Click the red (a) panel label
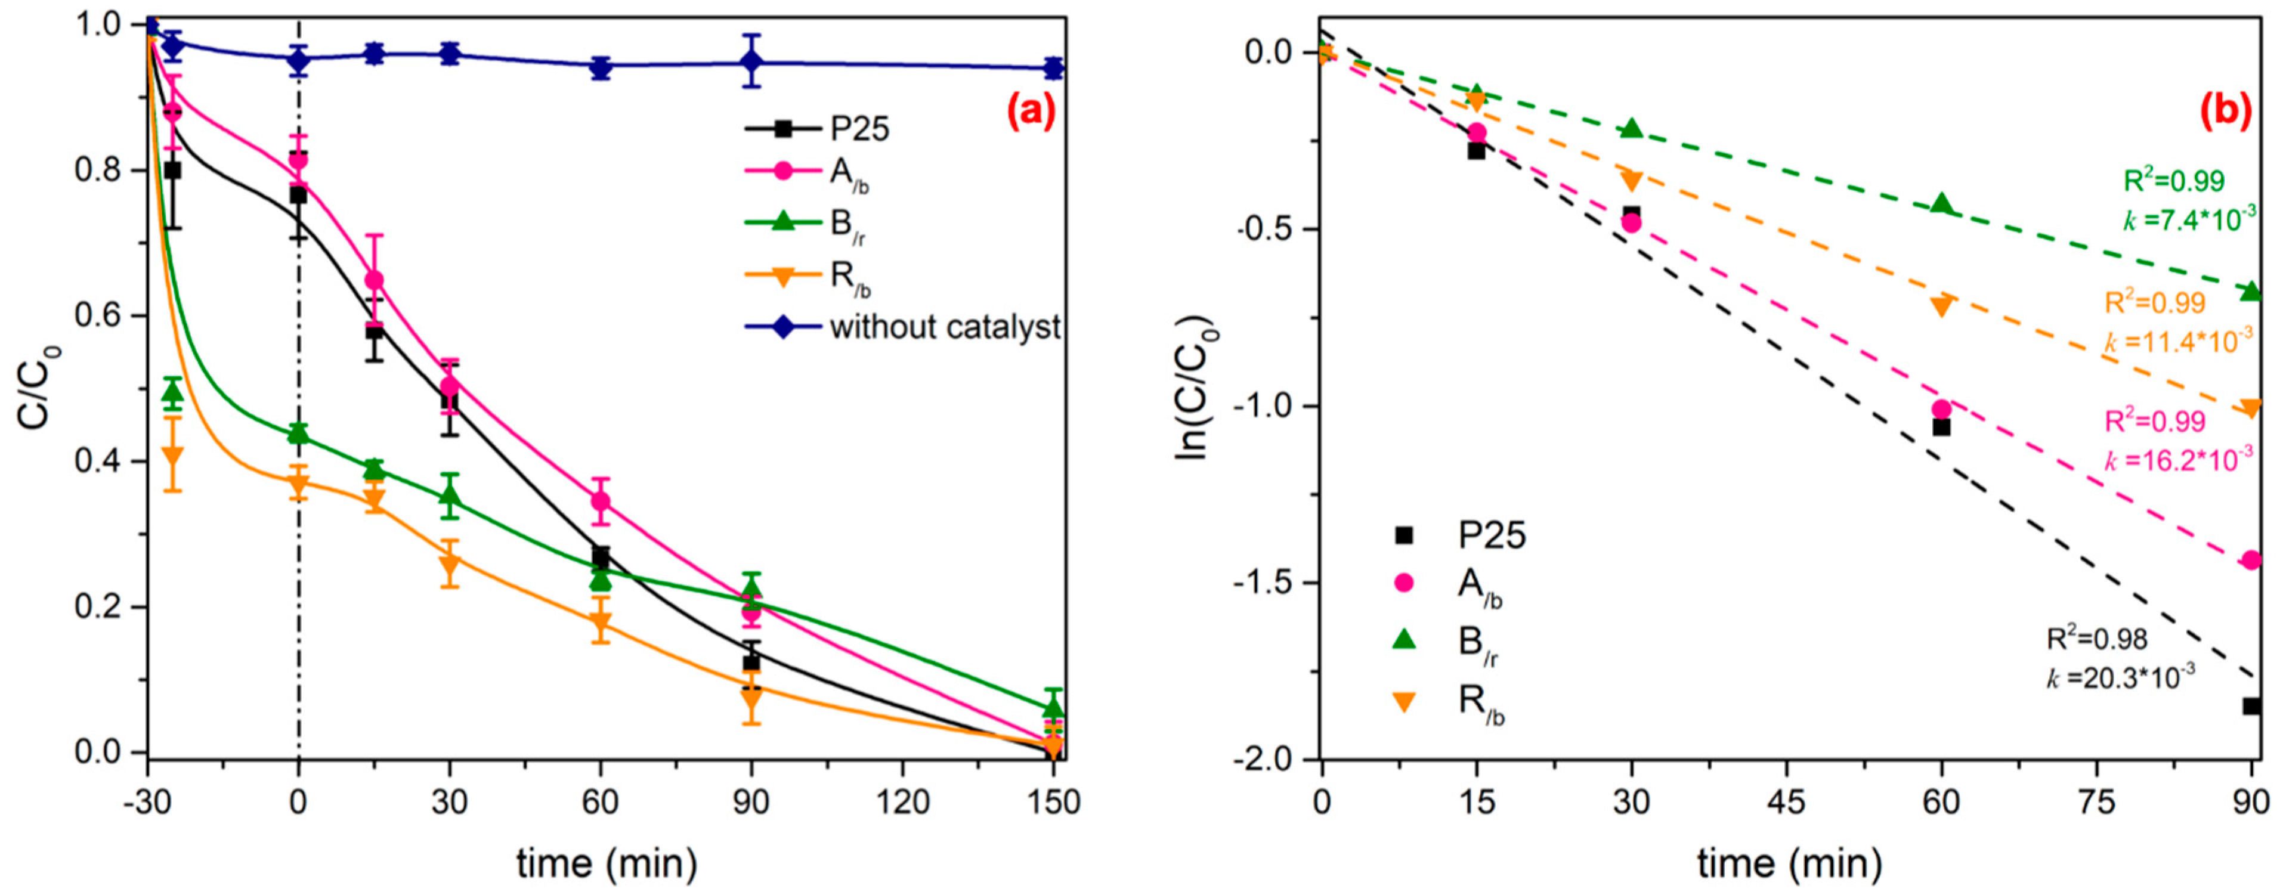click(1031, 113)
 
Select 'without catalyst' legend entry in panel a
click(945, 328)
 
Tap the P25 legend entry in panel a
click(858, 129)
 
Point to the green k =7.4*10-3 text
click(2188, 218)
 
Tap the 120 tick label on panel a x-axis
click(902, 803)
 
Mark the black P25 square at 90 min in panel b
click(2251, 706)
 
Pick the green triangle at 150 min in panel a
click(1053, 708)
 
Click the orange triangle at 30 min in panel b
click(1631, 181)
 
